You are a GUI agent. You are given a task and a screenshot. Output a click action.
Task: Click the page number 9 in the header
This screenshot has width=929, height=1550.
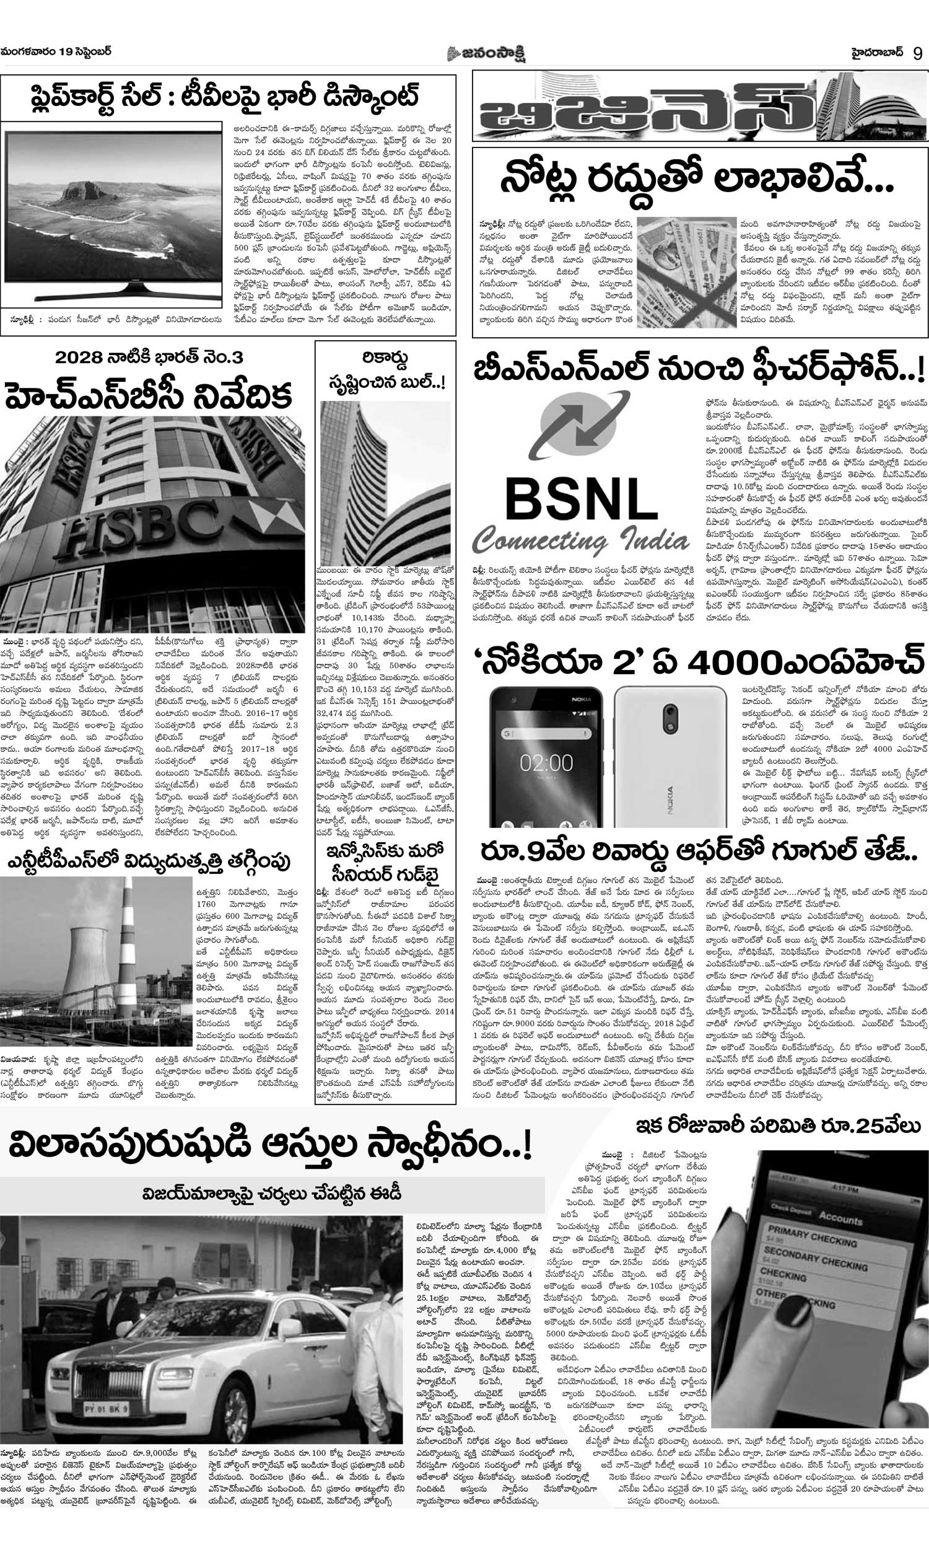point(917,53)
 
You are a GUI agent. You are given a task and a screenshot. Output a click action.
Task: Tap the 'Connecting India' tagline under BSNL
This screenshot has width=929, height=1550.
point(580,541)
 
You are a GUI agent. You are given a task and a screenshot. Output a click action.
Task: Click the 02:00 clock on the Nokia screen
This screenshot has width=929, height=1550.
point(546,763)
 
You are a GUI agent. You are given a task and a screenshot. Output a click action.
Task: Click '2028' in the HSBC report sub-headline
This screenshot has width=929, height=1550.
point(79,358)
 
